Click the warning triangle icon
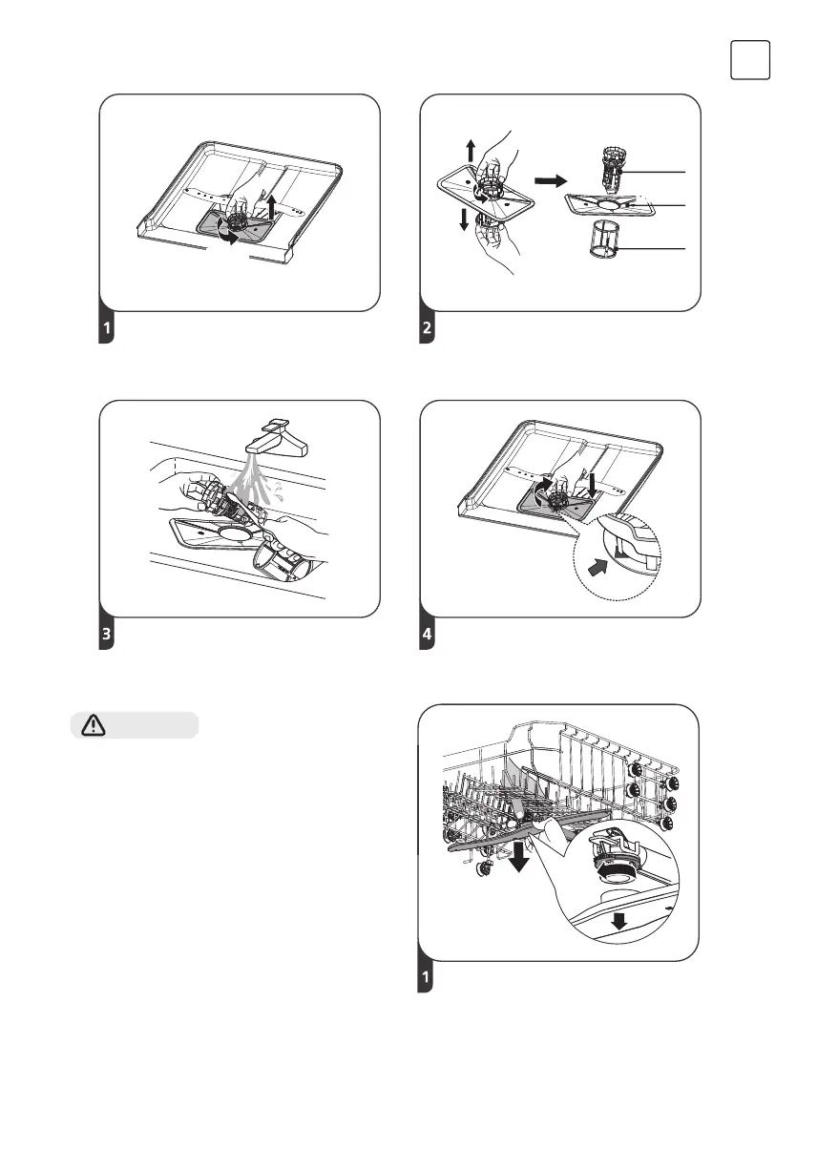coord(94,725)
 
